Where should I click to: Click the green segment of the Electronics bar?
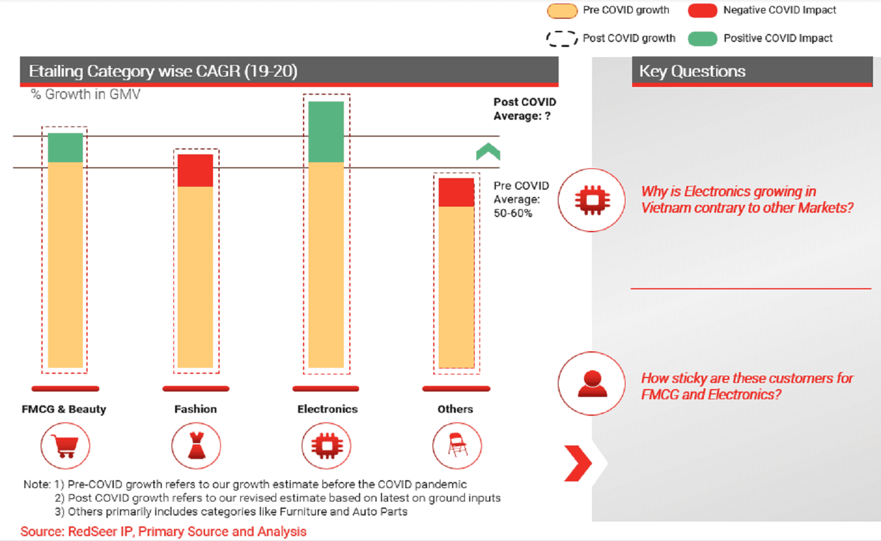(x=326, y=132)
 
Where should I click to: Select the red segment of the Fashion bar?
(x=195, y=170)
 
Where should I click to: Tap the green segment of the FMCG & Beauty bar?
(x=65, y=148)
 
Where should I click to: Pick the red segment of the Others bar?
(x=456, y=192)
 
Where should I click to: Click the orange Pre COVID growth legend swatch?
(x=562, y=10)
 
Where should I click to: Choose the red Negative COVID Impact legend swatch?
(x=702, y=10)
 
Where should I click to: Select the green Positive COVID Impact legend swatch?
(x=702, y=38)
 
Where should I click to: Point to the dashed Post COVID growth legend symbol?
(x=562, y=38)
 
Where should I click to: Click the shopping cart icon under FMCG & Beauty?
(x=65, y=446)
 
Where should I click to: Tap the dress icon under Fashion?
(x=196, y=446)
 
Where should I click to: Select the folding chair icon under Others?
(x=457, y=446)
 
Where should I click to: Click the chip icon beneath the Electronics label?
(x=327, y=446)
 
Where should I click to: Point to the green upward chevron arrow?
(x=488, y=151)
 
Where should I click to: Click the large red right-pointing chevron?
(x=577, y=463)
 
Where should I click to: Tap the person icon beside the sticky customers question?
(x=591, y=384)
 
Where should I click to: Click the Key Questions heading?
(x=692, y=71)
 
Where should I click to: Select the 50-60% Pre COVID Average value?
(x=513, y=213)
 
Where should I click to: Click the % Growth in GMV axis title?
(x=86, y=94)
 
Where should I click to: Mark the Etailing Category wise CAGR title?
(x=163, y=71)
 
